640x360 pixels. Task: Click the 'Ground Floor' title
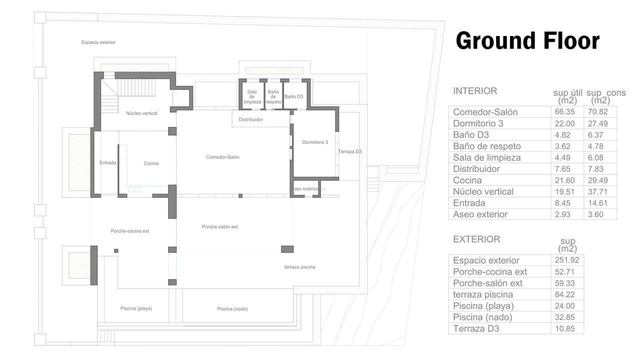pyautogui.click(x=527, y=41)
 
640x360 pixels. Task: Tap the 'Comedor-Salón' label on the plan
pyautogui.click(x=222, y=157)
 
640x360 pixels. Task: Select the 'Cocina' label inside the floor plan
pyautogui.click(x=151, y=163)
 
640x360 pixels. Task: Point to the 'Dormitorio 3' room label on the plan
pyautogui.click(x=315, y=142)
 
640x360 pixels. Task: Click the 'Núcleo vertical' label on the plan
pyautogui.click(x=141, y=113)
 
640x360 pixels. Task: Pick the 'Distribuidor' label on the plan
pyautogui.click(x=251, y=119)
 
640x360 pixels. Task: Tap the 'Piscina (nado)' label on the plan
pyautogui.click(x=232, y=309)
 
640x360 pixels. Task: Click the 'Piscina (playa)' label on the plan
pyautogui.click(x=136, y=308)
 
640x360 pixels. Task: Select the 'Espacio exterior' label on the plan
pyautogui.click(x=98, y=42)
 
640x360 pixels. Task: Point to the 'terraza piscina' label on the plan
pyautogui.click(x=299, y=267)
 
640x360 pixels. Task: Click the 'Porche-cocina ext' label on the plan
pyautogui.click(x=129, y=231)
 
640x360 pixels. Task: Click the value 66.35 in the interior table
pyautogui.click(x=564, y=111)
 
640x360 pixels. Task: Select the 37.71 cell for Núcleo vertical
pyautogui.click(x=597, y=191)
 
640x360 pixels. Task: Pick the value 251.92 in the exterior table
pyautogui.click(x=567, y=260)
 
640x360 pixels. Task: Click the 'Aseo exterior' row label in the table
pyautogui.click(x=480, y=214)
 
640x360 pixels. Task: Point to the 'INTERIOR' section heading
pyautogui.click(x=475, y=91)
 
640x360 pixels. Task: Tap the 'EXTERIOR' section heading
pyautogui.click(x=476, y=239)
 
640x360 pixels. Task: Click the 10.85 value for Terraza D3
pyautogui.click(x=564, y=328)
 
